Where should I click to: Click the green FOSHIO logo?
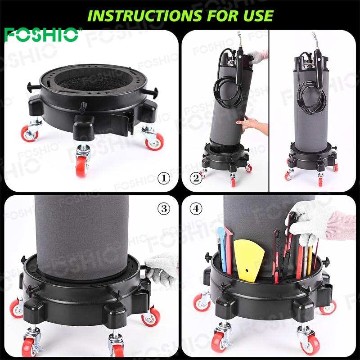click(42, 35)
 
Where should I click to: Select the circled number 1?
click(164, 178)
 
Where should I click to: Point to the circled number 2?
click(196, 178)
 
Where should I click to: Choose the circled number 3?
click(164, 209)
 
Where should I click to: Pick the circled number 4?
click(196, 209)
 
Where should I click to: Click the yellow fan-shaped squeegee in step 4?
click(249, 261)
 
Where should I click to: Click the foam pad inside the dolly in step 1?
click(94, 83)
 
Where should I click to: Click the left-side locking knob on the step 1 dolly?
click(33, 87)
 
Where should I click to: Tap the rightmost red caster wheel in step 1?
click(155, 141)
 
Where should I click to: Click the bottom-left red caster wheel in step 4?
click(202, 302)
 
